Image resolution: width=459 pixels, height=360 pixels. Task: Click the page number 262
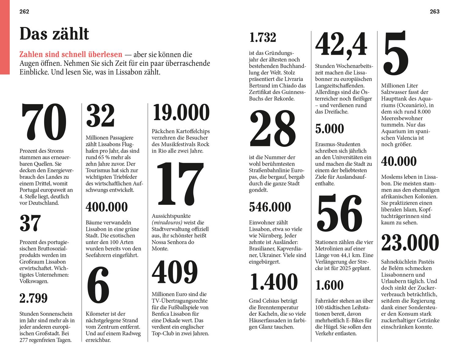point(24,12)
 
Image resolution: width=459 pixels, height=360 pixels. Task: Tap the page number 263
point(435,12)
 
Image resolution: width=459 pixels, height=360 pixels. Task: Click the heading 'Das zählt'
point(54,34)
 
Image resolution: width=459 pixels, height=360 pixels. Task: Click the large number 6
point(98,285)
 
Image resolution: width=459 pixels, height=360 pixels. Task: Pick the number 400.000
point(106,207)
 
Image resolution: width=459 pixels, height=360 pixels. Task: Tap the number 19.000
point(181,112)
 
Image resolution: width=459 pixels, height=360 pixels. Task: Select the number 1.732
point(263,38)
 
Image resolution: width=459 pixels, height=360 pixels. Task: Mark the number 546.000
point(270,207)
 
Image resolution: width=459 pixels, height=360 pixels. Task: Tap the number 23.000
point(410,243)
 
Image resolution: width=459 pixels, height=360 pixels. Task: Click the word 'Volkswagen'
point(34,281)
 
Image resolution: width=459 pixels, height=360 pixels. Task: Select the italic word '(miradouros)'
point(167,223)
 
